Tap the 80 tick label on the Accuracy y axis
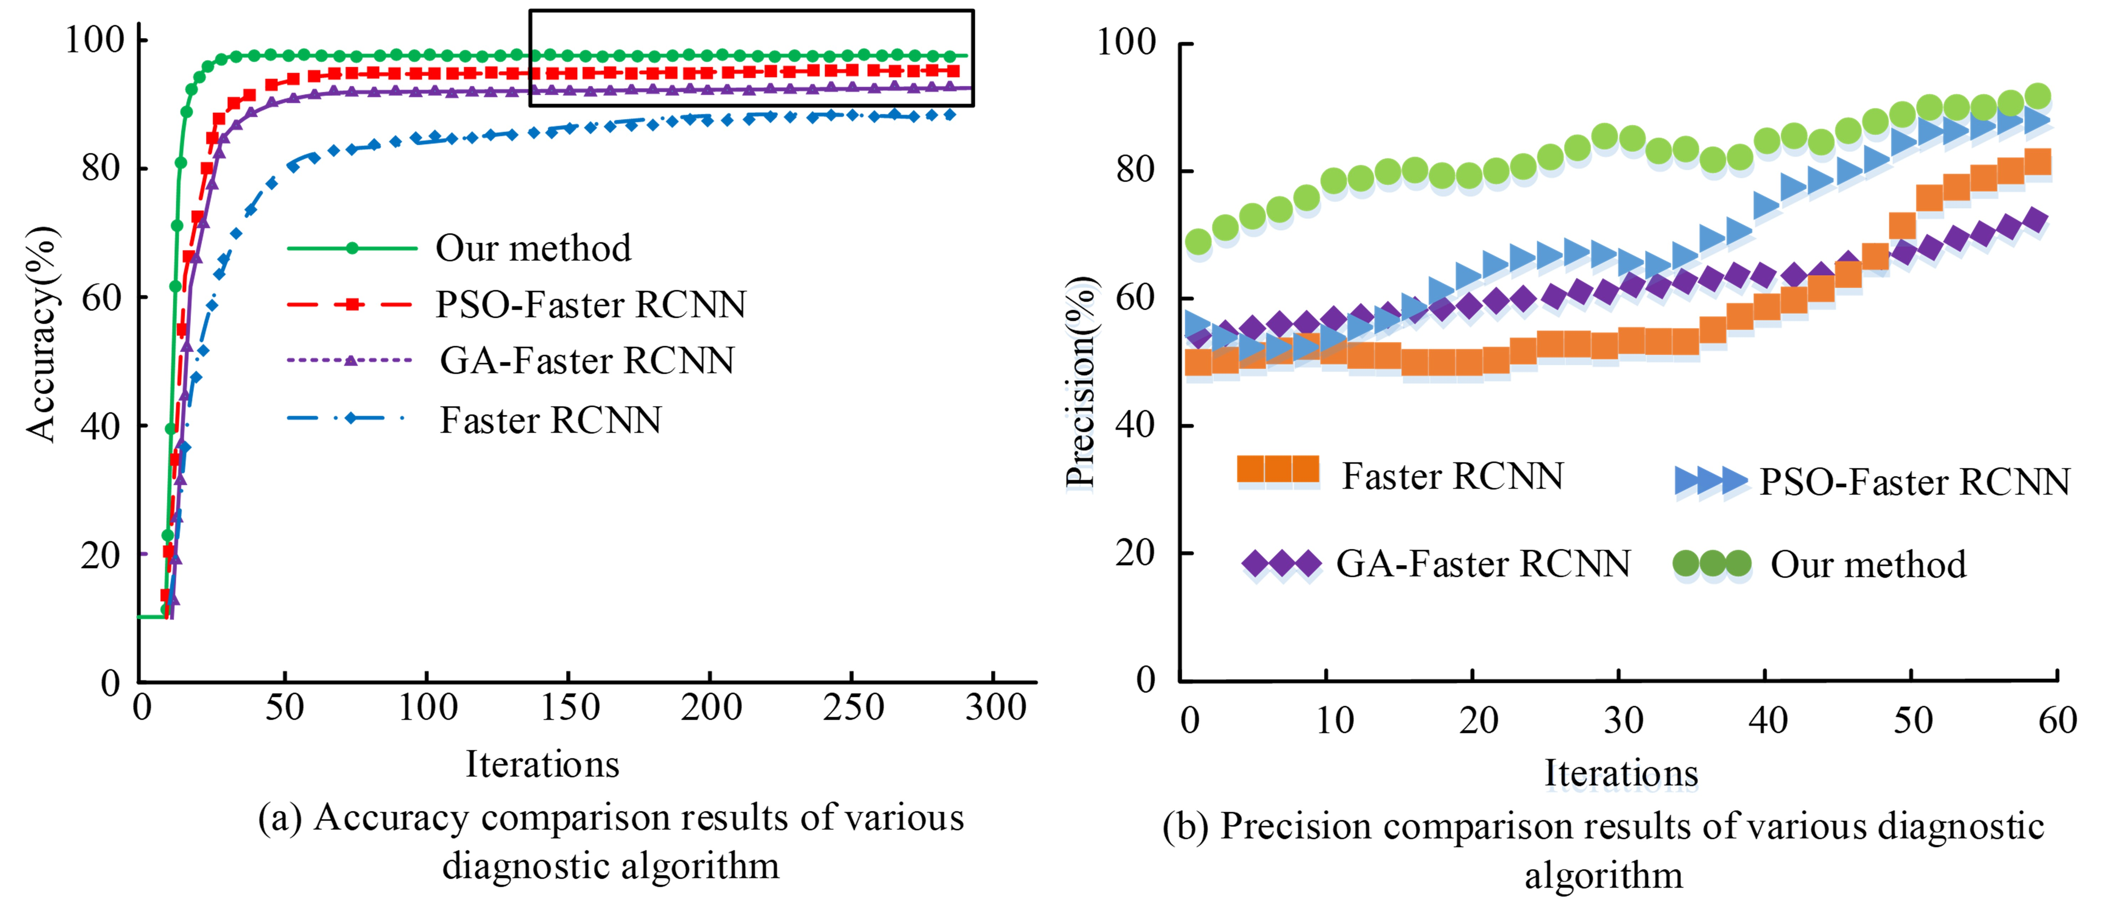pyautogui.click(x=100, y=169)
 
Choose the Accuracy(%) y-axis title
pyautogui.click(x=41, y=333)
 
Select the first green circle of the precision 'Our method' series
pyautogui.click(x=1198, y=242)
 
